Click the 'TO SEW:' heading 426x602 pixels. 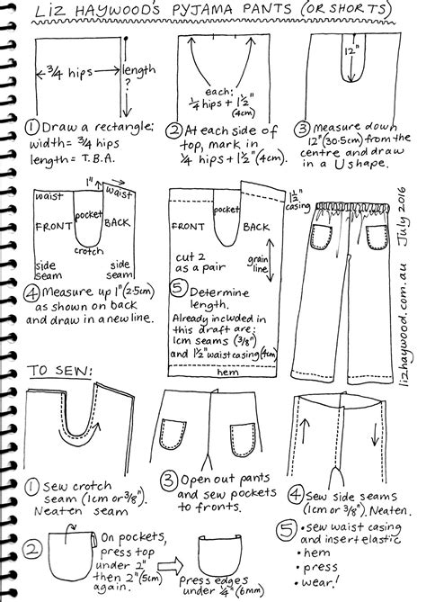(x=52, y=371)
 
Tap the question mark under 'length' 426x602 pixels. (x=130, y=85)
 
